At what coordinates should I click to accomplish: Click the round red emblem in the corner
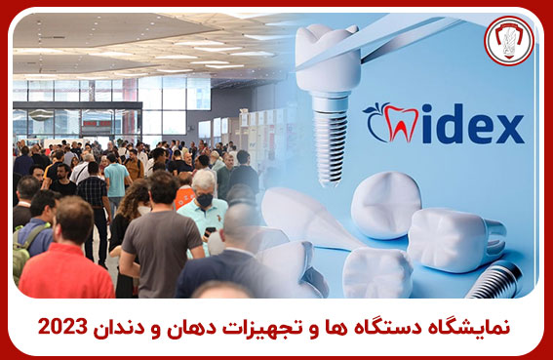tap(509, 41)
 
